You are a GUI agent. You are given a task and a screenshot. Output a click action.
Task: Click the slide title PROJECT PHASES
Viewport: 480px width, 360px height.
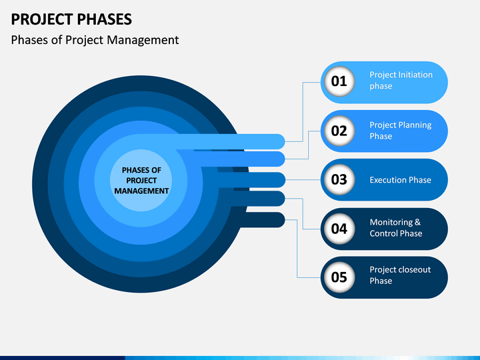tap(71, 19)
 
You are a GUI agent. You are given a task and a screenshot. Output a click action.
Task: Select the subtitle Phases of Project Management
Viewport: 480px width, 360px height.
tap(95, 40)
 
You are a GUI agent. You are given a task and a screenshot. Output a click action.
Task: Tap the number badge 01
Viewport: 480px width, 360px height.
tap(339, 81)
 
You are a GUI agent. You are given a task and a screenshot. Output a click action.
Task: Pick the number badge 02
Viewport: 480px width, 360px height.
tap(339, 131)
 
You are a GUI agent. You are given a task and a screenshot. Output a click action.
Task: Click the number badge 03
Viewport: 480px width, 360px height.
tap(339, 179)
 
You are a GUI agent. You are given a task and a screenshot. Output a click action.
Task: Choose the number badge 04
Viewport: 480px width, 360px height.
tap(339, 229)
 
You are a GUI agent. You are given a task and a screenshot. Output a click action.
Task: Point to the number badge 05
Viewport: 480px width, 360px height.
tap(339, 277)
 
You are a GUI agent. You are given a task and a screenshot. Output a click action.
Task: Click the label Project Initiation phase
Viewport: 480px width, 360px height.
tap(401, 80)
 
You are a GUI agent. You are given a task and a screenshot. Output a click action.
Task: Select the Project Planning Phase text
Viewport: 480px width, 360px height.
tap(401, 131)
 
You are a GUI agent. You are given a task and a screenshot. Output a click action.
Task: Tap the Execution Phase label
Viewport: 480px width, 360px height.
tap(401, 180)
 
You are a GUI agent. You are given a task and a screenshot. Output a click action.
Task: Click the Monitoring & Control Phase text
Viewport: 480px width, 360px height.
tap(396, 228)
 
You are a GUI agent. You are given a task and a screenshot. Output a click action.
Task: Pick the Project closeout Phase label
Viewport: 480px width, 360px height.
tap(400, 275)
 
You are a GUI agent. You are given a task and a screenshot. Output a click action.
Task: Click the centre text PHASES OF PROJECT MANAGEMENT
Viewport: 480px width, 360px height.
tap(141, 181)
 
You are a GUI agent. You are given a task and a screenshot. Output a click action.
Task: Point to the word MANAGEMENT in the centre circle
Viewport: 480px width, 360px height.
tap(141, 191)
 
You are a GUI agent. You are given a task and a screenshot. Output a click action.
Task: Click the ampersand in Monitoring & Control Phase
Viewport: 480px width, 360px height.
tap(417, 222)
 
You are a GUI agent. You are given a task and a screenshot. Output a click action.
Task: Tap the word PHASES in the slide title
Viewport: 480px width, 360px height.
tap(105, 19)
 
